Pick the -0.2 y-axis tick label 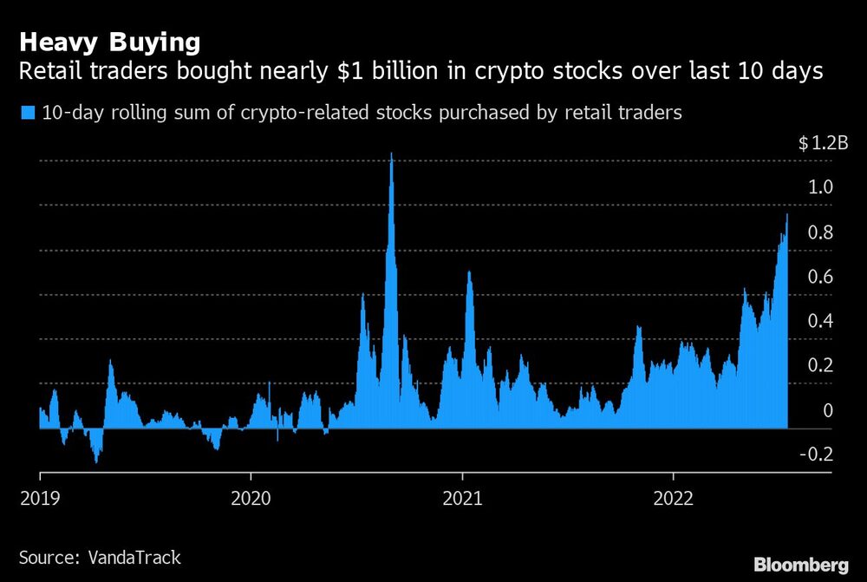coord(817,454)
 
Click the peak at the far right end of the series coord(786,215)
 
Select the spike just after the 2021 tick coord(469,273)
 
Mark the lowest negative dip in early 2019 coord(95,461)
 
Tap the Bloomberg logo coord(802,565)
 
